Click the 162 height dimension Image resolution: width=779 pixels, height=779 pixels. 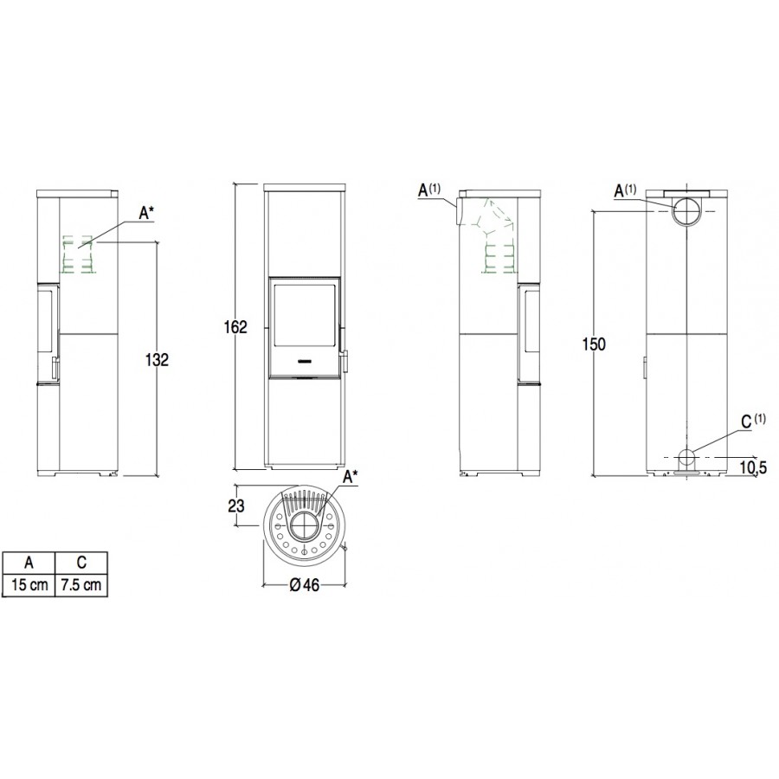click(235, 327)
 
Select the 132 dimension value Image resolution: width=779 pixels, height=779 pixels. click(157, 359)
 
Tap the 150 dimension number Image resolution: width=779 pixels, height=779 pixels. click(594, 344)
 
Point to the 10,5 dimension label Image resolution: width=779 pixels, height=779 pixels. click(753, 467)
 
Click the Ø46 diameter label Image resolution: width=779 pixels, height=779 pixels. click(304, 585)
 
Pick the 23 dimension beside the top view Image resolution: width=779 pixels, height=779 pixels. click(236, 505)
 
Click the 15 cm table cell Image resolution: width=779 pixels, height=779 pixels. click(29, 584)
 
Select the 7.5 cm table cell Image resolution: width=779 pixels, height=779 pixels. click(81, 584)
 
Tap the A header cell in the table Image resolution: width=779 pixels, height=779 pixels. click(29, 563)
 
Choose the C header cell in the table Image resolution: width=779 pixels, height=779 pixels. click(81, 563)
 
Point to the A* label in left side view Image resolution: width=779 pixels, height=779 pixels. click(146, 214)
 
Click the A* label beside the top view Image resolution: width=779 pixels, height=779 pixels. click(351, 478)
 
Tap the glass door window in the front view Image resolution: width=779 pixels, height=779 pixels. click(304, 314)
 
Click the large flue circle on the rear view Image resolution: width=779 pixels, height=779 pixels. click(687, 210)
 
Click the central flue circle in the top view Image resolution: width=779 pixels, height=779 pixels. click(304, 526)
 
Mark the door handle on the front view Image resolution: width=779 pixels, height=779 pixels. click(344, 361)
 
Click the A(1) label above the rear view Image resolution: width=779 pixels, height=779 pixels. click(625, 190)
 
